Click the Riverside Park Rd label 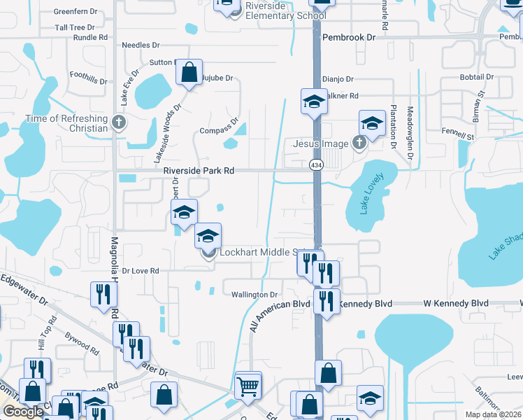[198, 170]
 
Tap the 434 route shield [315, 164]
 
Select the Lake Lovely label [368, 198]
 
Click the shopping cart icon [248, 385]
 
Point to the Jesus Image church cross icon [359, 143]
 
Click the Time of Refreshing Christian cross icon [119, 123]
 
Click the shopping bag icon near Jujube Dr [189, 72]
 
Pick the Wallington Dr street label [255, 295]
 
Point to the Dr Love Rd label [141, 270]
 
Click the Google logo [23, 412]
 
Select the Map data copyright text [492, 414]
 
